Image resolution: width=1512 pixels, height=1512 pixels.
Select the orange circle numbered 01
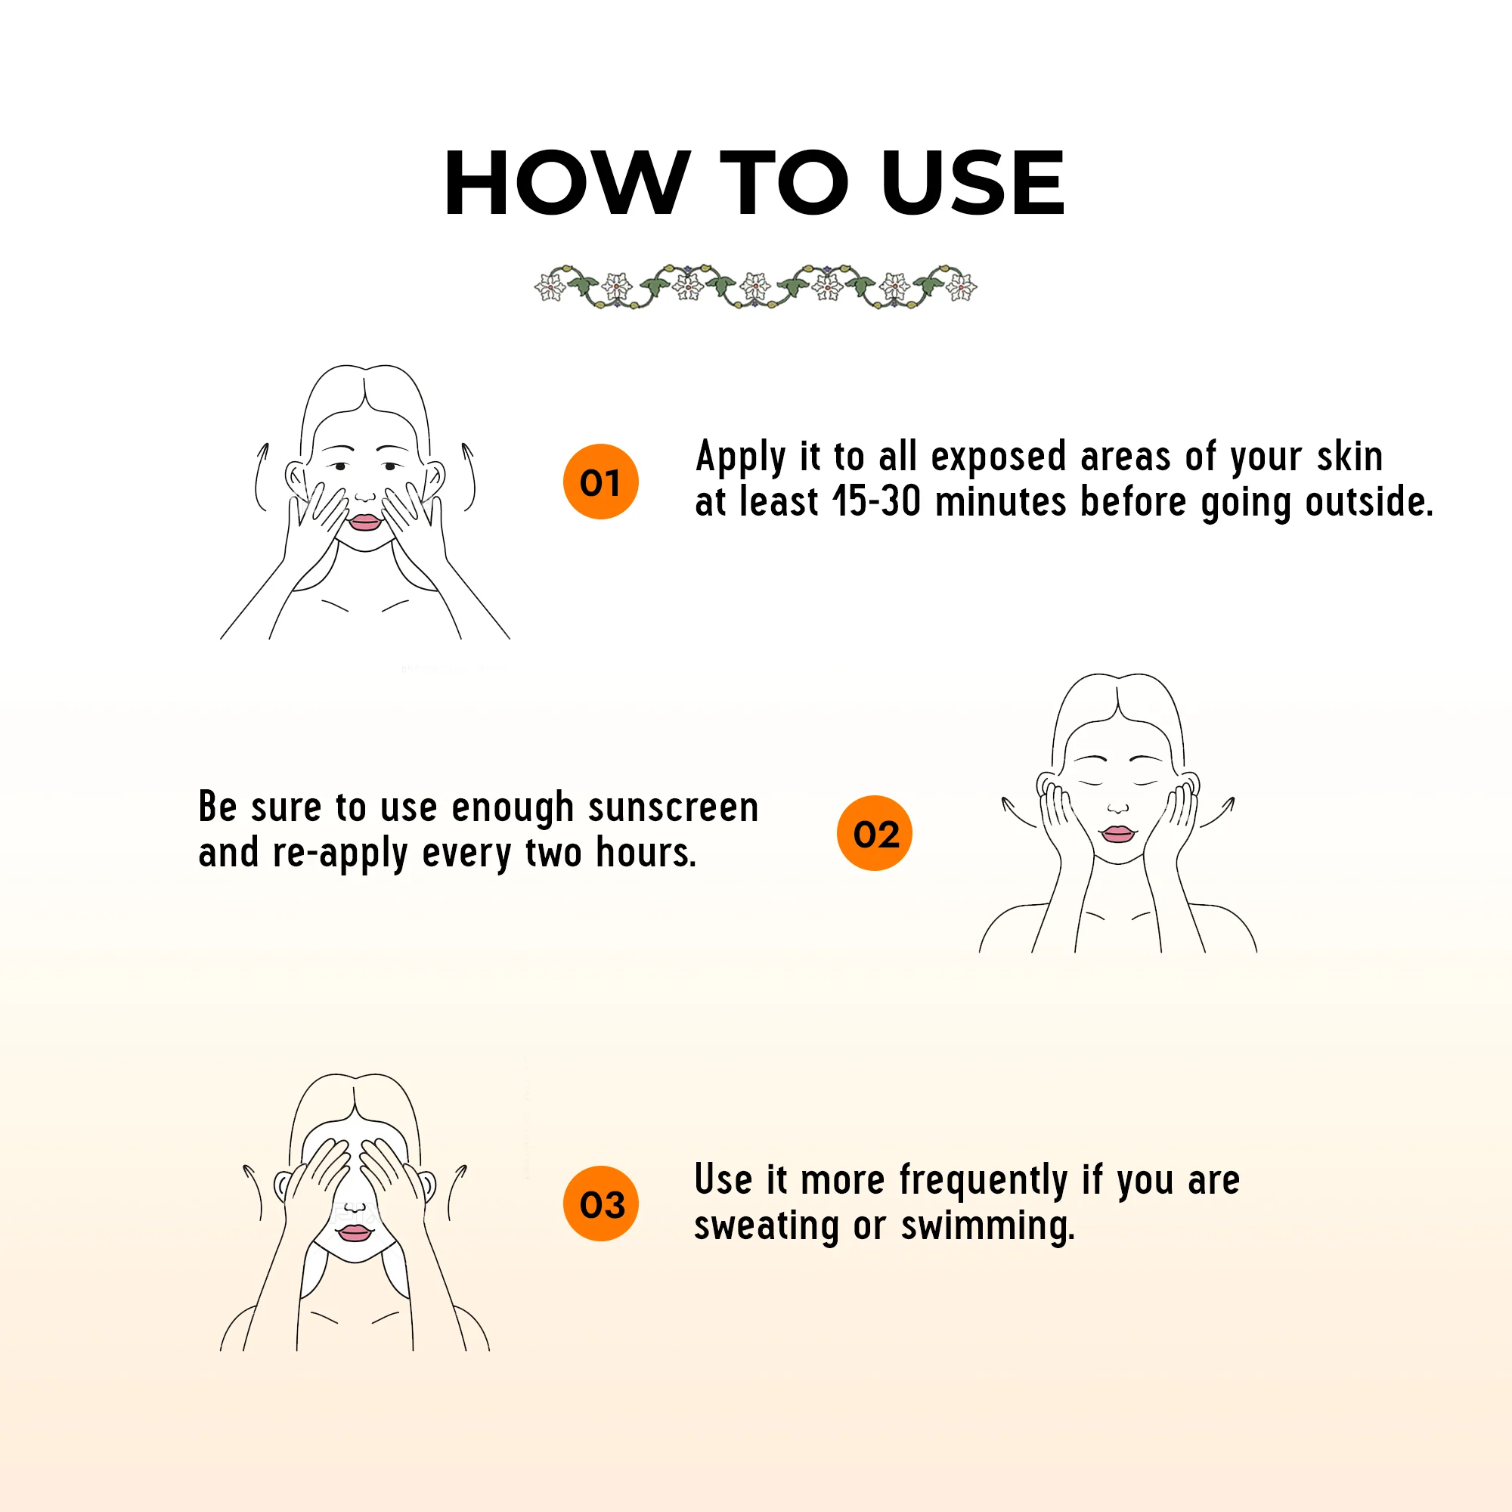click(x=601, y=482)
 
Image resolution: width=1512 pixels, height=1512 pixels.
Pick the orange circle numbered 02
click(x=875, y=832)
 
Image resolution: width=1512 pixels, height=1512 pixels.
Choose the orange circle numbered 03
click(x=601, y=1204)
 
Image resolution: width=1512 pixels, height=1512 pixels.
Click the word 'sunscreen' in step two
click(x=673, y=807)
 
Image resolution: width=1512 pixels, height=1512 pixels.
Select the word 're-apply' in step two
click(x=340, y=853)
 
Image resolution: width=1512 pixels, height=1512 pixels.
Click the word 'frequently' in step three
click(x=984, y=1181)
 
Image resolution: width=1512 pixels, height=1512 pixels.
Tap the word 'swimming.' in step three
click(x=987, y=1226)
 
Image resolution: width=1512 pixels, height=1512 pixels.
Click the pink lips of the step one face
click(x=364, y=521)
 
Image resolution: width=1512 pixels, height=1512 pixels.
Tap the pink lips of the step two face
click(x=1117, y=833)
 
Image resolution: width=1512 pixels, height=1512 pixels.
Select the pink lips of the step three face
click(x=354, y=1232)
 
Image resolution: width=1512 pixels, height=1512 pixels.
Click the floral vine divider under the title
click(x=756, y=286)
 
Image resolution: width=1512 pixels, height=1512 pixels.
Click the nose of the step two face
click(x=1118, y=806)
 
